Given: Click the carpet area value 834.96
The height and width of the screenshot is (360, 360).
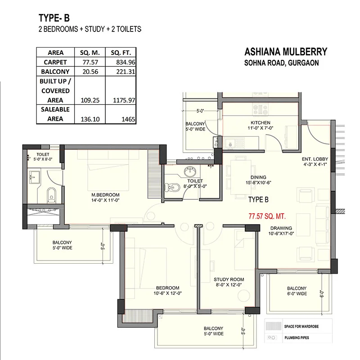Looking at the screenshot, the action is [x=126, y=62].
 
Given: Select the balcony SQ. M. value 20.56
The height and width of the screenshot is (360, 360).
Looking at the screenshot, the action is [x=90, y=72].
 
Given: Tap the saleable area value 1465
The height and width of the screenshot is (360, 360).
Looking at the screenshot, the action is [x=128, y=119].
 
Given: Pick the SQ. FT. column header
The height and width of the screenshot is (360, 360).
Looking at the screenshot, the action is [x=121, y=53].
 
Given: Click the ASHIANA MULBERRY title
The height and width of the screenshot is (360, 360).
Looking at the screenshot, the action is [x=286, y=52].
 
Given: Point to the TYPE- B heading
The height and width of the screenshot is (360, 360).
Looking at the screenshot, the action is [x=54, y=18].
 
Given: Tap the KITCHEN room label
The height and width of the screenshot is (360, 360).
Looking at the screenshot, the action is [x=261, y=122].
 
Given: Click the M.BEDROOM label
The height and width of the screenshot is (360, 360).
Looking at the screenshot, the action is [x=105, y=195].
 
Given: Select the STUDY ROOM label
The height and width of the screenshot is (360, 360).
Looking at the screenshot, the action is [x=229, y=279].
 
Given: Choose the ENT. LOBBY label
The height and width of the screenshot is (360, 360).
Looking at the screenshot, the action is [x=315, y=159].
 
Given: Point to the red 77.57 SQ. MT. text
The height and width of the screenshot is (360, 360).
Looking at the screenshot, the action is [x=267, y=216].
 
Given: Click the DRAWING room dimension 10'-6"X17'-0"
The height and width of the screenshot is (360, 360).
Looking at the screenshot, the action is [x=281, y=234].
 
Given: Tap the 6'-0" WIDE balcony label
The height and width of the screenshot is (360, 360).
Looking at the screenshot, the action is [x=297, y=294].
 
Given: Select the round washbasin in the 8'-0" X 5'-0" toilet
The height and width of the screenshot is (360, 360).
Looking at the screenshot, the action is [x=190, y=171].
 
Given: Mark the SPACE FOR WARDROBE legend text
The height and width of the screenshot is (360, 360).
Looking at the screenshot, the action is [x=301, y=327].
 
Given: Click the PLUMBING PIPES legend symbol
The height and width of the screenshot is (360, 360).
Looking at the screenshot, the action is [x=271, y=337].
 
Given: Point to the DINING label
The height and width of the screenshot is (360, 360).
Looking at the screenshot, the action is [x=258, y=177].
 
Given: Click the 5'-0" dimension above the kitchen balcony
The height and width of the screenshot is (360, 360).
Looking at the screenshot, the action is [x=200, y=111].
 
